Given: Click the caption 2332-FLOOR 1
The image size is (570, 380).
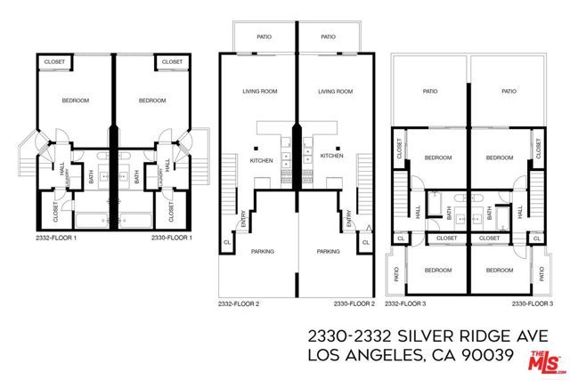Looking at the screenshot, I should click(x=55, y=238).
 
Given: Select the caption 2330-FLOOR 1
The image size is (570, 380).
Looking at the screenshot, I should click(x=172, y=238).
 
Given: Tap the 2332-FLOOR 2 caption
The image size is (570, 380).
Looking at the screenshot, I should click(x=239, y=303).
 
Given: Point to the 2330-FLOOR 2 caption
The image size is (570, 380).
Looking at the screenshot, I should click(x=354, y=303).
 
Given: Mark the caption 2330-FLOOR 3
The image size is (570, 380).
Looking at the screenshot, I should click(x=533, y=303).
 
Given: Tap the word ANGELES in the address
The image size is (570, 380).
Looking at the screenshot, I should click(x=383, y=357).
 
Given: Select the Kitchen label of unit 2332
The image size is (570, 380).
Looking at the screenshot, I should click(x=261, y=159).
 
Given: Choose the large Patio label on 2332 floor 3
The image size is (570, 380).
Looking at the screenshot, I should click(x=431, y=91).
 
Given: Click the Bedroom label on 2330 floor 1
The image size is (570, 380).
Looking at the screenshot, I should click(x=152, y=101).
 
